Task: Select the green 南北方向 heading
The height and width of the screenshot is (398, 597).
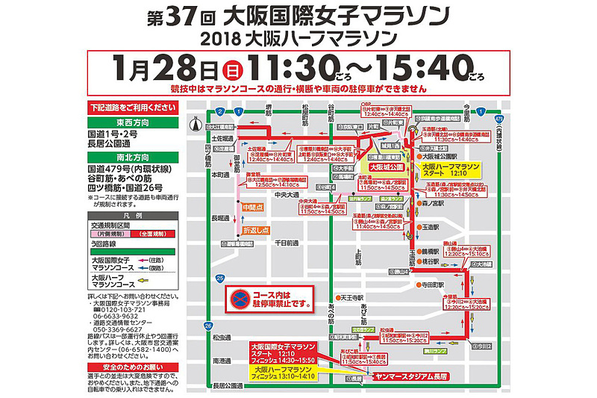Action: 130,158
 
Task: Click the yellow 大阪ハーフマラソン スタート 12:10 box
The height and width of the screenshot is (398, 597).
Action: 448,171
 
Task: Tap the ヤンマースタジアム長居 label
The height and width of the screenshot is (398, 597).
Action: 413,378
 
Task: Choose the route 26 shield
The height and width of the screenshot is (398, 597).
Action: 207,326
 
